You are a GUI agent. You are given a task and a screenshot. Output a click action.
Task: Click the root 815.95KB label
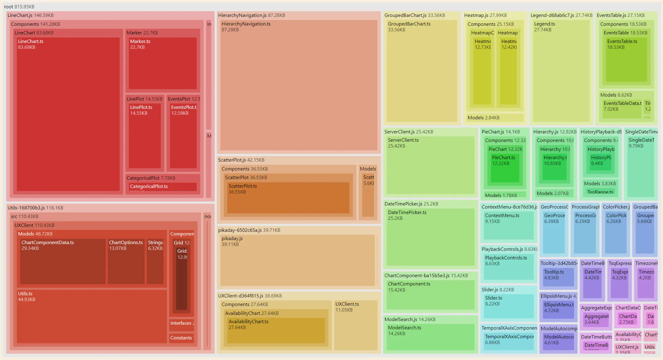tap(19, 7)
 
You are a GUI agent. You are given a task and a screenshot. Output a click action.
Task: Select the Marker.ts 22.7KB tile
tap(162, 63)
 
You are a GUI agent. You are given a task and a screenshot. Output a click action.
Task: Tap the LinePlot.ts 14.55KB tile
tap(145, 136)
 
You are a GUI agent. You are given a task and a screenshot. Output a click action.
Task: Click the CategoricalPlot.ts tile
tap(162, 187)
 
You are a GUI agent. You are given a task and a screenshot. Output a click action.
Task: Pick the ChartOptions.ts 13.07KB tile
tap(126, 261)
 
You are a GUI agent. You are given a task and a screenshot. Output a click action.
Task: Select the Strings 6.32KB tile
tap(155, 261)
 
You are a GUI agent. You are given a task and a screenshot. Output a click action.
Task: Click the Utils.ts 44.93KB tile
tap(91, 317)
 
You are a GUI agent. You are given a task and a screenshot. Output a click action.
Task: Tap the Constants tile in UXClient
tap(181, 338)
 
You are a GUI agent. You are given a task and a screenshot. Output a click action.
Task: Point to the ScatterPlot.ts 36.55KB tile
tap(288, 198)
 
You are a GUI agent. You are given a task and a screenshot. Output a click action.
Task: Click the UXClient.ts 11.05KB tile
tap(356, 325)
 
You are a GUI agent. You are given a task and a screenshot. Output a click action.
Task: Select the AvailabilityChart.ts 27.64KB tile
tap(275, 330)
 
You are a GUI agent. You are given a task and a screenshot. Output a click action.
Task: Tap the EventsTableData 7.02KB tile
tap(622, 109)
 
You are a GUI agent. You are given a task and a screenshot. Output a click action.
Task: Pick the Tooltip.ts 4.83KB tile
tap(558, 277)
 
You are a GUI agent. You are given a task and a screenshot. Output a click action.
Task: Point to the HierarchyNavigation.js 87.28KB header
tap(251, 15)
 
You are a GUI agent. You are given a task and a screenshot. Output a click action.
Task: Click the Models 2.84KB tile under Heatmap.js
tap(495, 118)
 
